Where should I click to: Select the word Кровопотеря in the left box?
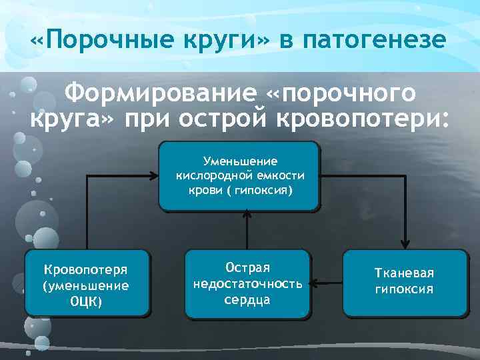pos(86,270)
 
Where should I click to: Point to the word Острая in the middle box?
pos(247,267)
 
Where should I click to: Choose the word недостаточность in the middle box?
pos(247,283)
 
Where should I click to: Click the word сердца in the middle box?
pos(247,299)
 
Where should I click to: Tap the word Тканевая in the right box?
pos(405,273)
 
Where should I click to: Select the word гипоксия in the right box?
pos(405,289)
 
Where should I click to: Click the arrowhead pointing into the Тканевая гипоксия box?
pos(405,245)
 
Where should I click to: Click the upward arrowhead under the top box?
pos(247,215)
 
